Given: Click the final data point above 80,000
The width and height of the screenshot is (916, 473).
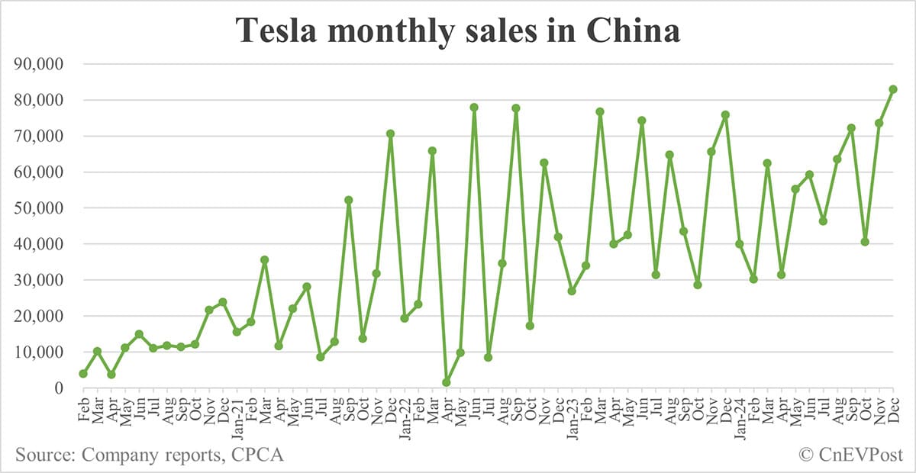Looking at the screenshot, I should tap(893, 89).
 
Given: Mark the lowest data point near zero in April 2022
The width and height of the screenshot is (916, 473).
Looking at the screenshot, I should tap(447, 382).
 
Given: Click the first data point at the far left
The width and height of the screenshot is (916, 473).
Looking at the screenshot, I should tap(83, 373).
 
